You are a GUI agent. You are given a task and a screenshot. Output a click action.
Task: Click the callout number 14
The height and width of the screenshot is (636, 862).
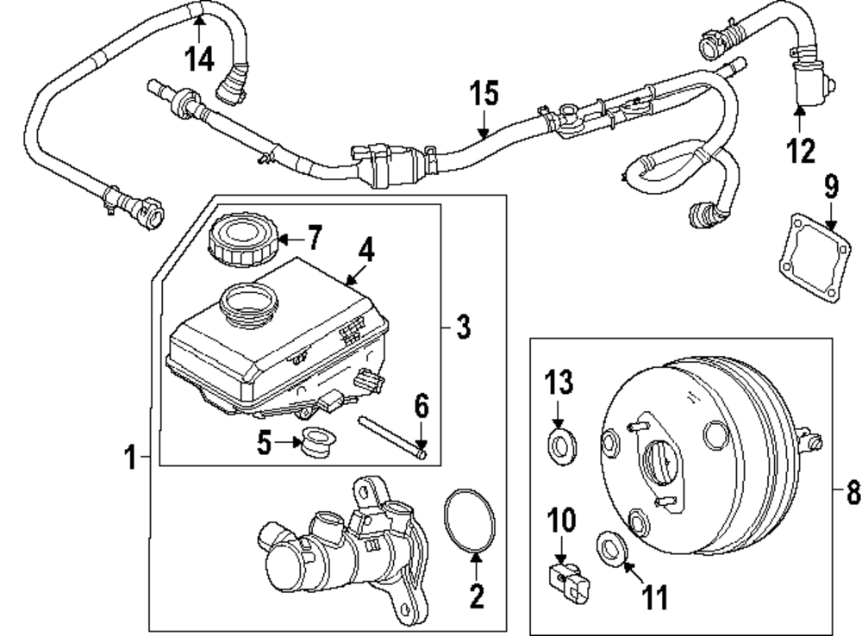click(x=199, y=59)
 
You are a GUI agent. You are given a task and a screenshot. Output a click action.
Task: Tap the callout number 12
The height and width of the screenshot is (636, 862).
click(x=801, y=151)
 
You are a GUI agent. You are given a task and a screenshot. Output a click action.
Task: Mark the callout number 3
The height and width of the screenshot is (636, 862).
click(x=463, y=328)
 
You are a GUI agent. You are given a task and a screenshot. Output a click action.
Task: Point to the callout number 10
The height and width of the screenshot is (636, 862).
click(x=559, y=521)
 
